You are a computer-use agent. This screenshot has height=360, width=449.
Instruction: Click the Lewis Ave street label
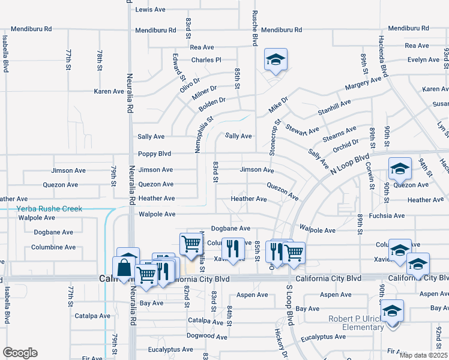(x=150, y=10)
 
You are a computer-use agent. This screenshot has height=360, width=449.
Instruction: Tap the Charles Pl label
(x=206, y=60)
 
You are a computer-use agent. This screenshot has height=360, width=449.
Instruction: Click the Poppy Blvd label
(x=155, y=154)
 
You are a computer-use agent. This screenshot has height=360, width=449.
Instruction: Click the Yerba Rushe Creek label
(x=49, y=209)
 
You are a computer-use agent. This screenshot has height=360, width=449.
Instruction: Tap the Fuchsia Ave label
(x=387, y=215)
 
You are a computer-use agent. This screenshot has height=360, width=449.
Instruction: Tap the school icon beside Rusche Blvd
(x=276, y=59)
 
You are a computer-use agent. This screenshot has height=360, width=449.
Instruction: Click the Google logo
(x=20, y=353)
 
